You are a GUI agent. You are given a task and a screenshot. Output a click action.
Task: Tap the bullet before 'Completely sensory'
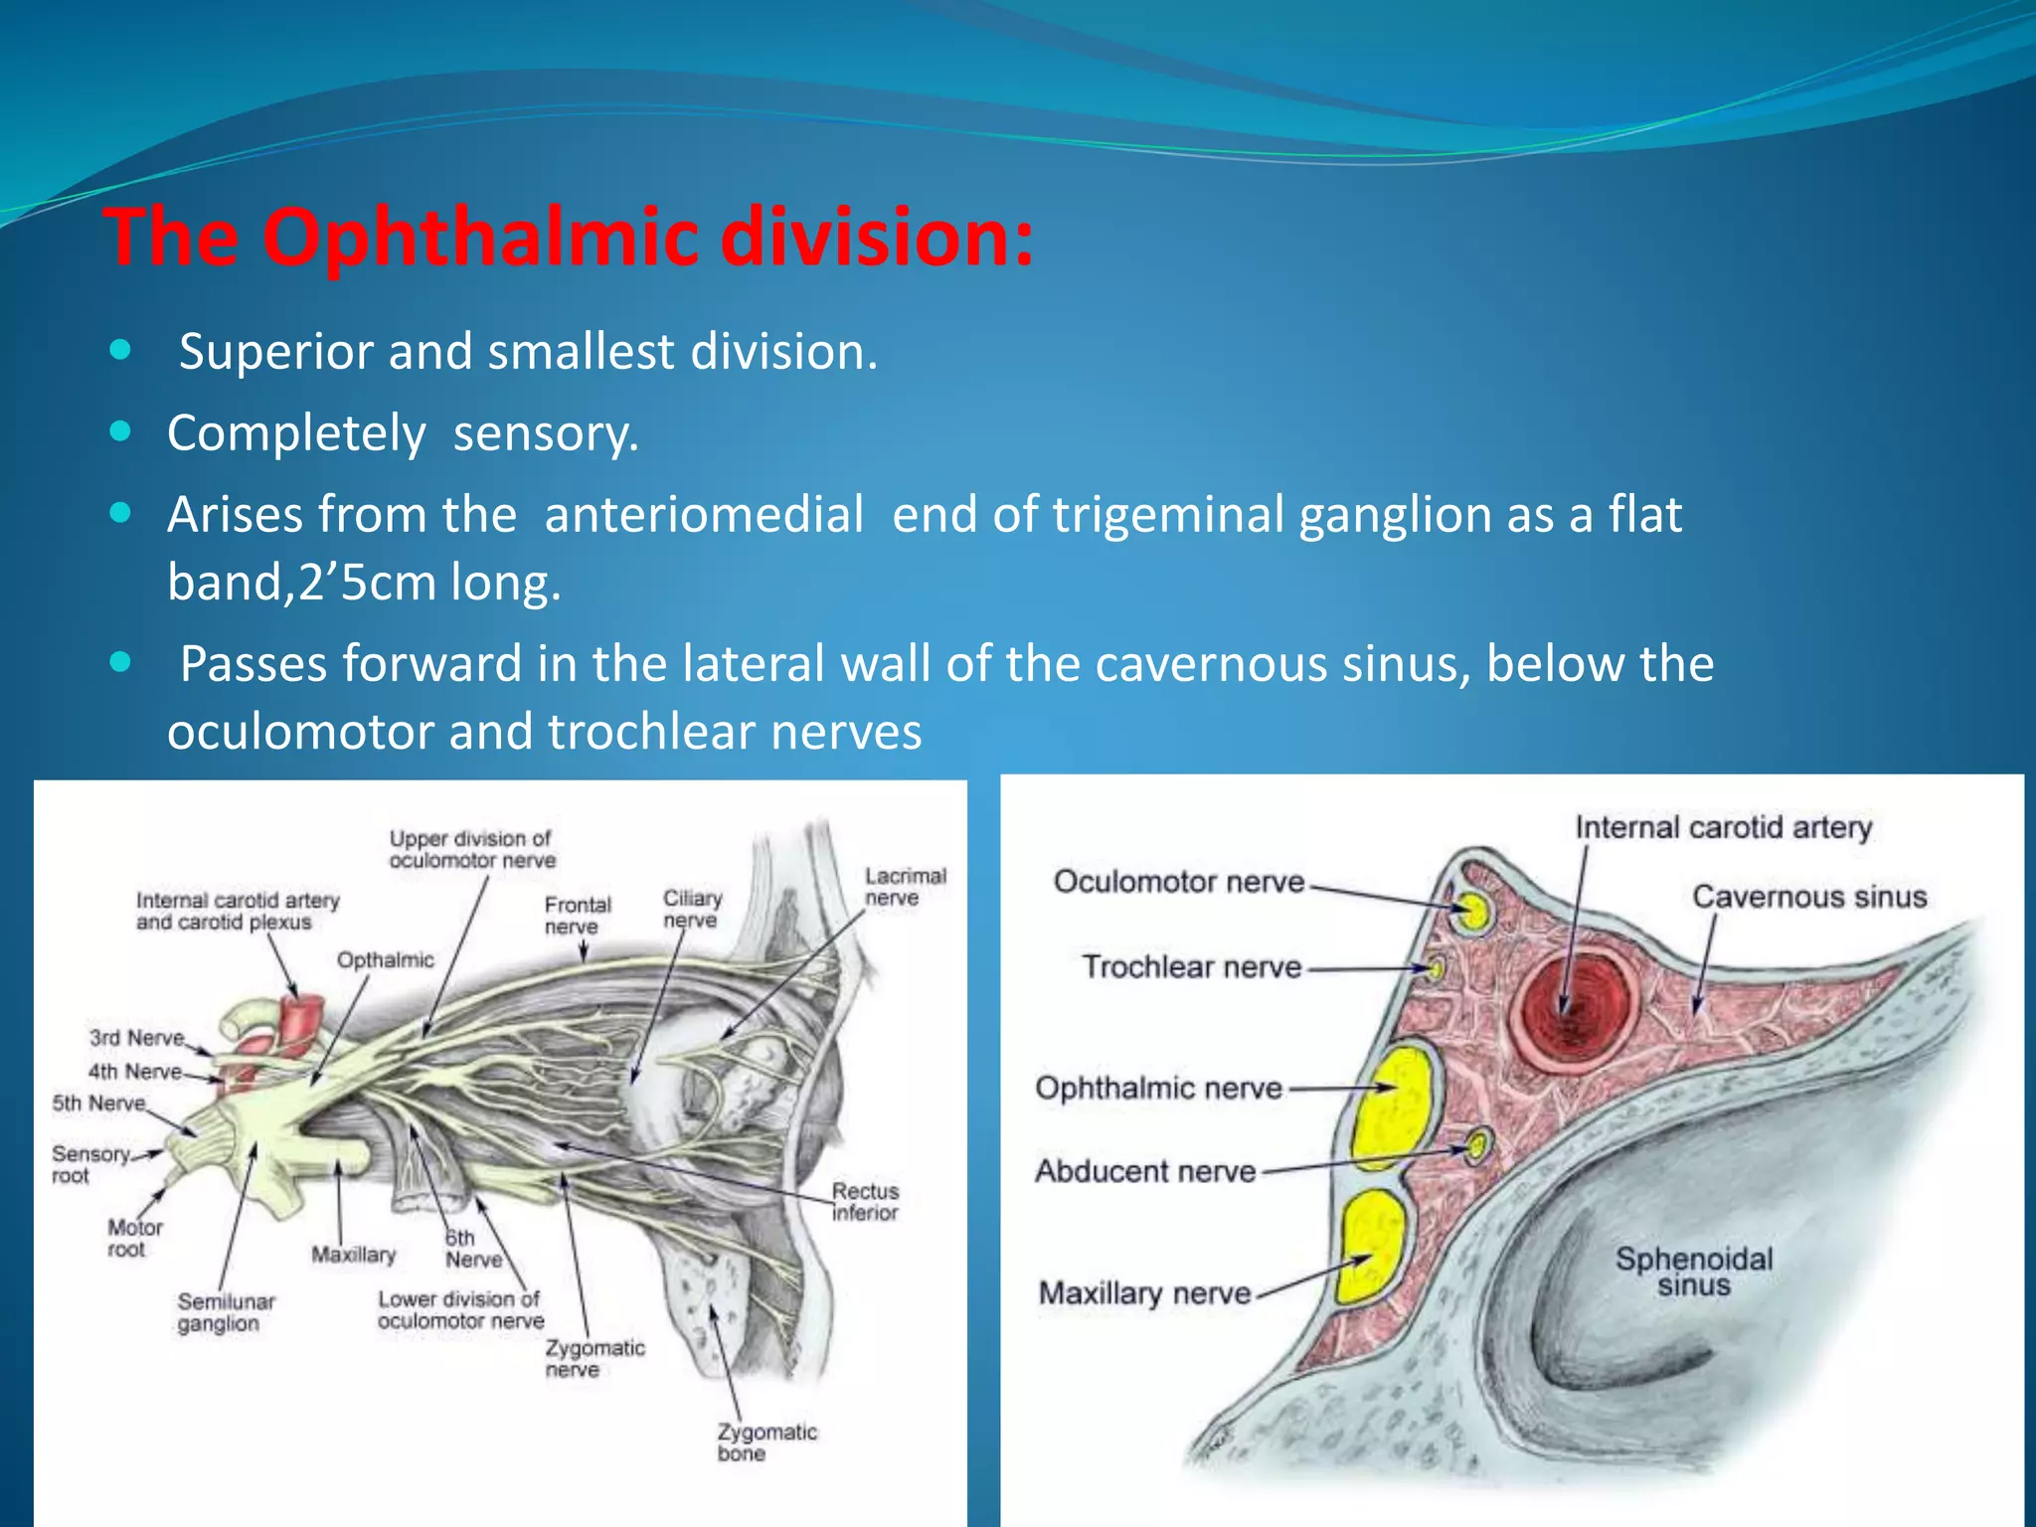[x=120, y=431]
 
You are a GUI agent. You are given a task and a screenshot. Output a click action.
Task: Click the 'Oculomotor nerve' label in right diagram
[x=1178, y=881]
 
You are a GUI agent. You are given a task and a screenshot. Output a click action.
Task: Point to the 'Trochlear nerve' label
[x=1191, y=966]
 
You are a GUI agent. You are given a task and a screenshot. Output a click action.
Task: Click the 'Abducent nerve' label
[x=1145, y=1171]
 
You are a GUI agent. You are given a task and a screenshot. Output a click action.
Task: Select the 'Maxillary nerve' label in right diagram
[x=1144, y=1293]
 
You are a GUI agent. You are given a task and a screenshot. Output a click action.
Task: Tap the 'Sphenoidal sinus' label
[x=1694, y=1272]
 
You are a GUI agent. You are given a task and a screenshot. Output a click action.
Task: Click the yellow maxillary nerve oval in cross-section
[x=1372, y=1247]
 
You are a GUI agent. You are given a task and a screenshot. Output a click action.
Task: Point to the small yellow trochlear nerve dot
[x=1435, y=966]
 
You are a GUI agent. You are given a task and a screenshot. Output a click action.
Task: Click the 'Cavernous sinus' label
[x=1809, y=897]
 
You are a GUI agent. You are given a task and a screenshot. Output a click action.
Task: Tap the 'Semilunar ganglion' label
[x=225, y=1312]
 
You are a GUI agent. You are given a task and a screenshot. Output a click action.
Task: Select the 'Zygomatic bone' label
[x=765, y=1442]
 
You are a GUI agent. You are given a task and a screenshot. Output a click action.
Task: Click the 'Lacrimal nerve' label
[x=905, y=887]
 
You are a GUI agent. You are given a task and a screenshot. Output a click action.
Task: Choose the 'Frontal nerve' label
[x=578, y=916]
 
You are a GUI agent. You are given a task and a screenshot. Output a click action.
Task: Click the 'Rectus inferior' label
[x=865, y=1202]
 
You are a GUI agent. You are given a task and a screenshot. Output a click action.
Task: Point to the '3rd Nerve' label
[x=136, y=1038]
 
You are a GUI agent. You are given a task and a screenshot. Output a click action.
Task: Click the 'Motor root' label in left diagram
[x=134, y=1239]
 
